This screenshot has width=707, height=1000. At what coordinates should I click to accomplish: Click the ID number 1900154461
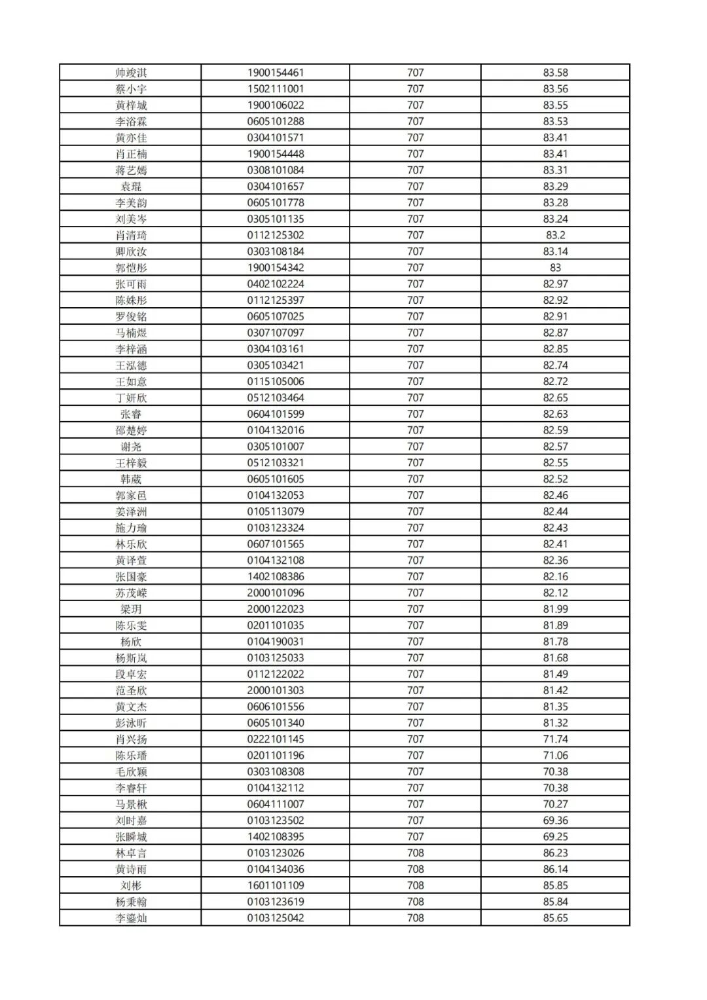275,73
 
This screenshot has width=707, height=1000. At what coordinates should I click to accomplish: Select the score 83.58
555,73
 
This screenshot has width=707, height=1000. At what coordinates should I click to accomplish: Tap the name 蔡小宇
131,89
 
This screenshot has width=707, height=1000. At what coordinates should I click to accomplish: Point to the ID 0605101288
275,121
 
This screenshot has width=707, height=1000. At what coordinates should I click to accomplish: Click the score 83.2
555,235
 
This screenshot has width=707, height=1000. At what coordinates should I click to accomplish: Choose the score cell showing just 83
555,268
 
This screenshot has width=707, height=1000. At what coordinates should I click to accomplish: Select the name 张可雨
131,284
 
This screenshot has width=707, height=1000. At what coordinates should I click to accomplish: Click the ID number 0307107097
275,333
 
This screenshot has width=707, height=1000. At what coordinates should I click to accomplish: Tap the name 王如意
131,382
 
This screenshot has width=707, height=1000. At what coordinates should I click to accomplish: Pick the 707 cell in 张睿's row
415,414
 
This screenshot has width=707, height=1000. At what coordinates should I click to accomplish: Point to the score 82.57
555,447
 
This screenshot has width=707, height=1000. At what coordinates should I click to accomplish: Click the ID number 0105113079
275,511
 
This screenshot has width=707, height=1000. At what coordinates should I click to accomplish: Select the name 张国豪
131,577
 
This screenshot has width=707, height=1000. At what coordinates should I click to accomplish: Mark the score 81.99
555,609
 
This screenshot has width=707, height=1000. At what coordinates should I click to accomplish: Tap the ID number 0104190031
275,642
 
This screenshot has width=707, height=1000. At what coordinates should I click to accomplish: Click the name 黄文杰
131,707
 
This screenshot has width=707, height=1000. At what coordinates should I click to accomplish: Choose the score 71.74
555,739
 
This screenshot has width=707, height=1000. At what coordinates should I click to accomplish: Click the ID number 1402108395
275,837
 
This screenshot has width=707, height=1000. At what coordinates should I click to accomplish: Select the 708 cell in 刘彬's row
415,885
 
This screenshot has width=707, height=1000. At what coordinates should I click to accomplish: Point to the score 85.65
555,918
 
